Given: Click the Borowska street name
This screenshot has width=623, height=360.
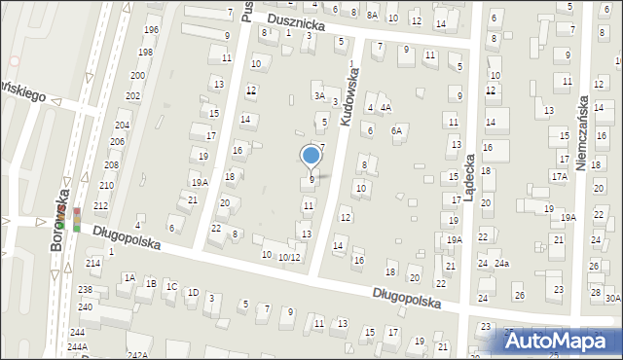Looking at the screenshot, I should [x=59, y=227].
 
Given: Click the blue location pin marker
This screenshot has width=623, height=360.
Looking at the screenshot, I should [x=311, y=157].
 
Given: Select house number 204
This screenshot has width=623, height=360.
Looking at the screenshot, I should [x=122, y=126].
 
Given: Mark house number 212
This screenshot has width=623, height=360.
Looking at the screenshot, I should [x=100, y=205].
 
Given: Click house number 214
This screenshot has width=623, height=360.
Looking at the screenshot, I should [x=93, y=263].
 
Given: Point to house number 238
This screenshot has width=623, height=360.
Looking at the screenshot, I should [x=85, y=290].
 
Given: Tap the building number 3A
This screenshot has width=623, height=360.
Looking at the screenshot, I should [x=318, y=95].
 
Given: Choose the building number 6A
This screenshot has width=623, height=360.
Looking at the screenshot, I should [x=396, y=130].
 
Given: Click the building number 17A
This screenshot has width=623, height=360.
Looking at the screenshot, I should [x=559, y=176].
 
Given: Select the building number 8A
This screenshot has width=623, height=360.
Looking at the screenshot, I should [x=372, y=16].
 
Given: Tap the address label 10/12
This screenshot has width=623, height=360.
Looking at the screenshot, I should [x=289, y=257].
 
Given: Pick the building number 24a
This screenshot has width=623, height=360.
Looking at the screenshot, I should [x=501, y=264].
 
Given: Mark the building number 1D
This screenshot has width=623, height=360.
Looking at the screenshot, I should [x=193, y=292].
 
